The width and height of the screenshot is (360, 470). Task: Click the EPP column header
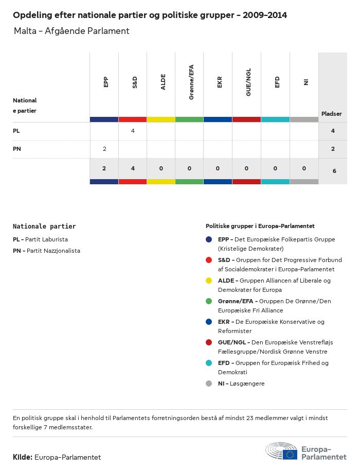(105, 82)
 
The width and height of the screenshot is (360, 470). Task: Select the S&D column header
(134, 82)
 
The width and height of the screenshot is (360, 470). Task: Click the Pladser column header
(332, 114)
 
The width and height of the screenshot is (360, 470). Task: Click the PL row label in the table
(16, 131)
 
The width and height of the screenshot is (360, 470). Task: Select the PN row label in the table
(17, 149)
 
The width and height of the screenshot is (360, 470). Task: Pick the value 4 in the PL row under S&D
(133, 131)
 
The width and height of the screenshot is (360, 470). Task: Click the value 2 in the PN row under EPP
(104, 149)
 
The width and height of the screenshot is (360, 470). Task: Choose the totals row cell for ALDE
(161, 168)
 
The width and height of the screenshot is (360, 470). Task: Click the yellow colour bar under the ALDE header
(161, 119)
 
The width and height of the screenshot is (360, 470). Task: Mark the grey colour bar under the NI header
(304, 119)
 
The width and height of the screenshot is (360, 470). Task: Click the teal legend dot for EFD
(209, 363)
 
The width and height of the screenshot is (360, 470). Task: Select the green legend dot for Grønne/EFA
(209, 301)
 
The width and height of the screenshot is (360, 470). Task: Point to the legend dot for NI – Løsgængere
(209, 384)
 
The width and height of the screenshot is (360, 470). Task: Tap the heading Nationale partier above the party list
(44, 226)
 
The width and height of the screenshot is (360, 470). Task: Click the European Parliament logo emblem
(282, 451)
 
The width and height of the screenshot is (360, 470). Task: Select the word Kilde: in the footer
(23, 457)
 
